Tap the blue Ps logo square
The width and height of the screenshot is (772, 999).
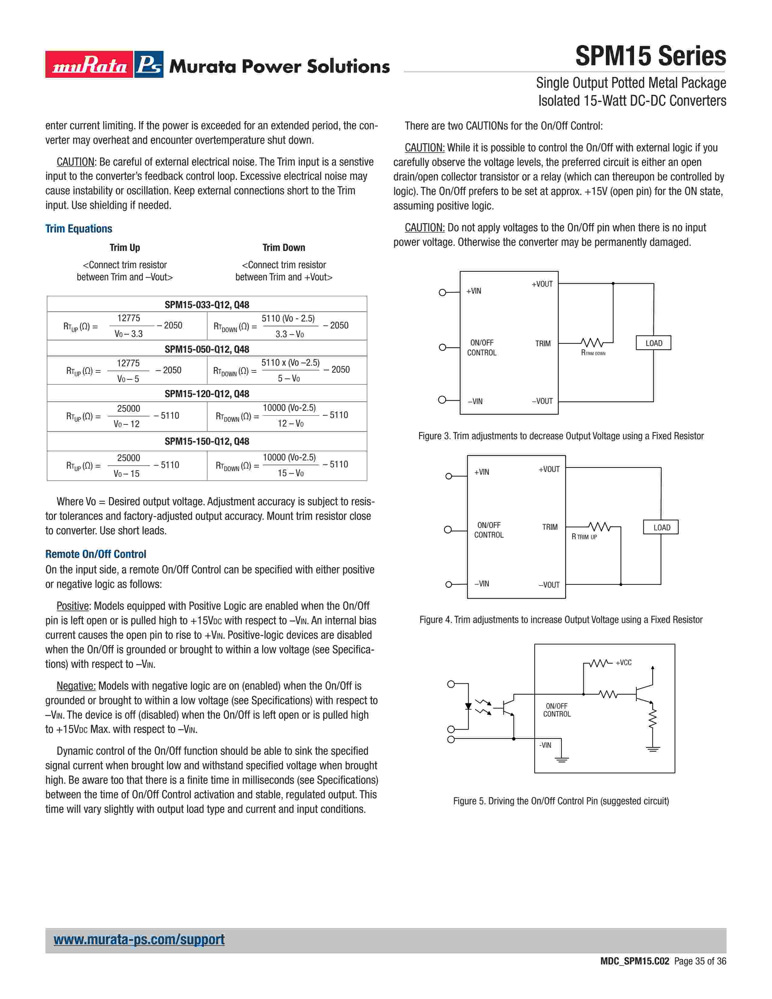point(149,64)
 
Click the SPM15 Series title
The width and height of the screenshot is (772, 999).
point(650,56)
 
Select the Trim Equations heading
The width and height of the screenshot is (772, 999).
point(79,229)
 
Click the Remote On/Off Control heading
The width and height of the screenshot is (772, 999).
point(96,554)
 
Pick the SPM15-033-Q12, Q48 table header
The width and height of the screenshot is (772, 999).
point(207,305)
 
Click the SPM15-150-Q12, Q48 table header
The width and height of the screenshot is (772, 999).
point(207,441)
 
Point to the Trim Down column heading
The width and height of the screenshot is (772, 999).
point(284,247)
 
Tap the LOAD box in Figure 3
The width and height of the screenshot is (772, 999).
point(653,343)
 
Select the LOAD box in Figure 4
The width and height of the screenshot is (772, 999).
point(661,527)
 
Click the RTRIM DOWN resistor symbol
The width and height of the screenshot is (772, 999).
point(592,343)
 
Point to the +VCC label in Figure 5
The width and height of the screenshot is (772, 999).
point(623,663)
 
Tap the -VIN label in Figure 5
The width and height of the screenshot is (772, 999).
point(545,745)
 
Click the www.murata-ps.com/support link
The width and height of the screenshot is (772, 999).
point(139,940)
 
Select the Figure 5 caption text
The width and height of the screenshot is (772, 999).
point(561,801)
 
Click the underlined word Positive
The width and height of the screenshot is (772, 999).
point(73,606)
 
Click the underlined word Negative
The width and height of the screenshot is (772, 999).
point(76,686)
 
